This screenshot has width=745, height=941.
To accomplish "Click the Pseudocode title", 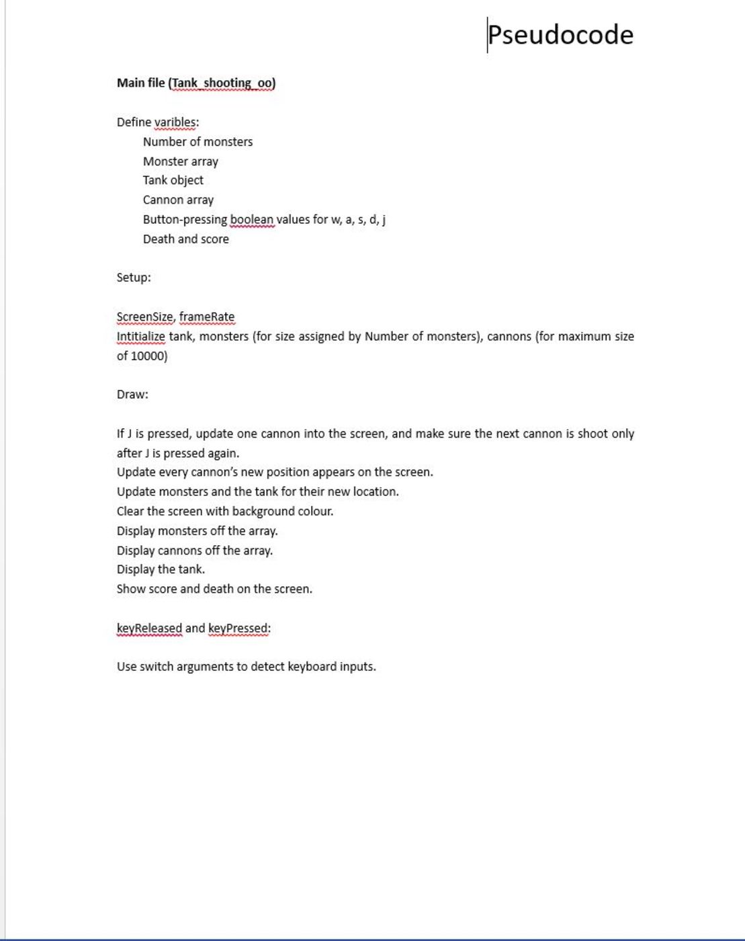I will click(x=560, y=35).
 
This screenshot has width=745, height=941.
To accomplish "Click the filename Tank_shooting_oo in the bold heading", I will click(x=222, y=83).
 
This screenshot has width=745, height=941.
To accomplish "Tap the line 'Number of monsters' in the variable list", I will click(x=198, y=142).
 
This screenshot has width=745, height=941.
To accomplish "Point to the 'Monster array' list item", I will click(x=180, y=161).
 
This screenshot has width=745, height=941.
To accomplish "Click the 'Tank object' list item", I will click(x=173, y=180).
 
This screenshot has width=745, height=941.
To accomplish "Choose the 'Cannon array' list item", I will click(x=178, y=200).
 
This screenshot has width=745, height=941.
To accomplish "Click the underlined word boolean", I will click(x=252, y=220).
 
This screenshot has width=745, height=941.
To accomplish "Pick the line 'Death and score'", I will click(x=185, y=239).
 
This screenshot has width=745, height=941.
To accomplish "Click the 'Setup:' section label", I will click(x=134, y=278).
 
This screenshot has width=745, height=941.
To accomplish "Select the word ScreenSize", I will click(x=144, y=317).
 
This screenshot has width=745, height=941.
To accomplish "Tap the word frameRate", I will click(x=207, y=317).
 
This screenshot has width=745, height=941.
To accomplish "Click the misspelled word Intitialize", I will click(x=140, y=336).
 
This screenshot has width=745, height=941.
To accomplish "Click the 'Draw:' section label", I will click(x=132, y=395).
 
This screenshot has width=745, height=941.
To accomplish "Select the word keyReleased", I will click(x=149, y=628).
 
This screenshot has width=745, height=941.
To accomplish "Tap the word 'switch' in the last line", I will click(x=156, y=667).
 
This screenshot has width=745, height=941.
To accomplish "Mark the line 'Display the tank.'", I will click(x=161, y=569).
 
